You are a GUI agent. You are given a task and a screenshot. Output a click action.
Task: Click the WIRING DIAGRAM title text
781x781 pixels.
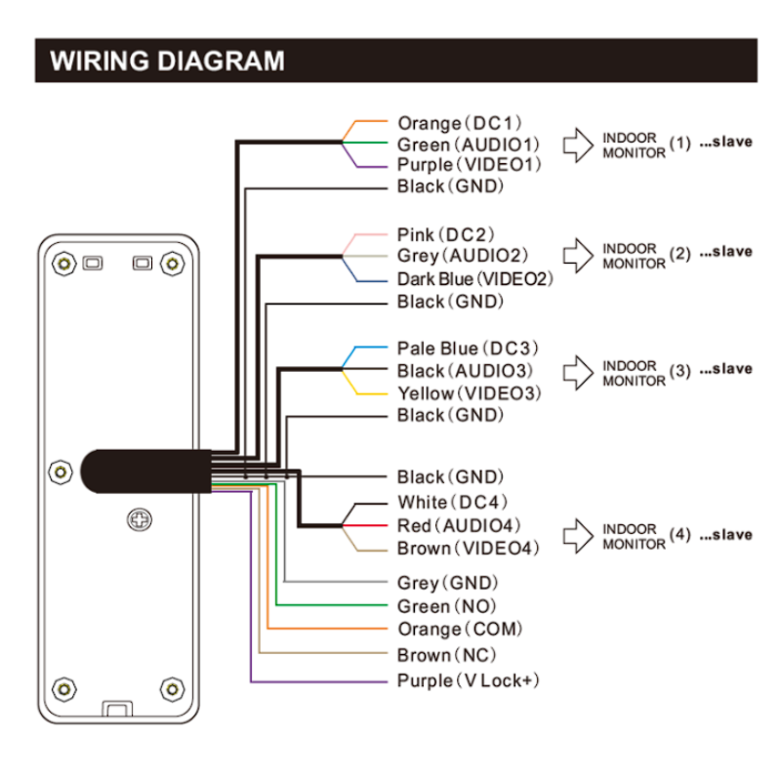167,62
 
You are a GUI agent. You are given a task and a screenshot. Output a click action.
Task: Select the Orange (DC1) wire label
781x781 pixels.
460,123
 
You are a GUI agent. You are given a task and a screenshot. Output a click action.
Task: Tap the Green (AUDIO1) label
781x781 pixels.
468,144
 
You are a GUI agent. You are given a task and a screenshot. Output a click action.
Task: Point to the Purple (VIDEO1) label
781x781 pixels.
468,165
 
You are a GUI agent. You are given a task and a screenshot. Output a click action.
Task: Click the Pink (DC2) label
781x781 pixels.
446,234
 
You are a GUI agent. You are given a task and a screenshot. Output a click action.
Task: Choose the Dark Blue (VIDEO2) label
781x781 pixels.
474,279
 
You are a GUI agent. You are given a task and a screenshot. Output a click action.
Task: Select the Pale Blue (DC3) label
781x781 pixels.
468,349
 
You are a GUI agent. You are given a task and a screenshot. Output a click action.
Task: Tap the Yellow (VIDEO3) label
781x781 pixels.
468,393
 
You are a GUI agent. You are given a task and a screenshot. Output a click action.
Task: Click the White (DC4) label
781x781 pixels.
451,502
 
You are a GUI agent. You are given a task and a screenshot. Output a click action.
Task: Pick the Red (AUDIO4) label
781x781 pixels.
460,525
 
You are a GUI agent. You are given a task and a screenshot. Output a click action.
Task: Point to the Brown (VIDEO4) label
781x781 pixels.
468,549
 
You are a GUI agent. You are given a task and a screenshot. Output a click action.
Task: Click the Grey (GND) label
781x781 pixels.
448,582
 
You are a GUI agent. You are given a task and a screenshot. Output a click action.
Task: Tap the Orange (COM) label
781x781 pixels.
460,630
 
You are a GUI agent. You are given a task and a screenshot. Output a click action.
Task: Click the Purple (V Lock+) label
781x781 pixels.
468,680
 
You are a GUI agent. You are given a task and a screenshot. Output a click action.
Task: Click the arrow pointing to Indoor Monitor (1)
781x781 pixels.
579,144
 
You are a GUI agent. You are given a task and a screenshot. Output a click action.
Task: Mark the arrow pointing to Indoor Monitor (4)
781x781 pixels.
579,535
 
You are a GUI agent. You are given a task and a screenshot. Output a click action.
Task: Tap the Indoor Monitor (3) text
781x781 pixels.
634,373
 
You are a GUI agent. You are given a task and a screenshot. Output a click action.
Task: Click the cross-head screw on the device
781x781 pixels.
138,520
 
